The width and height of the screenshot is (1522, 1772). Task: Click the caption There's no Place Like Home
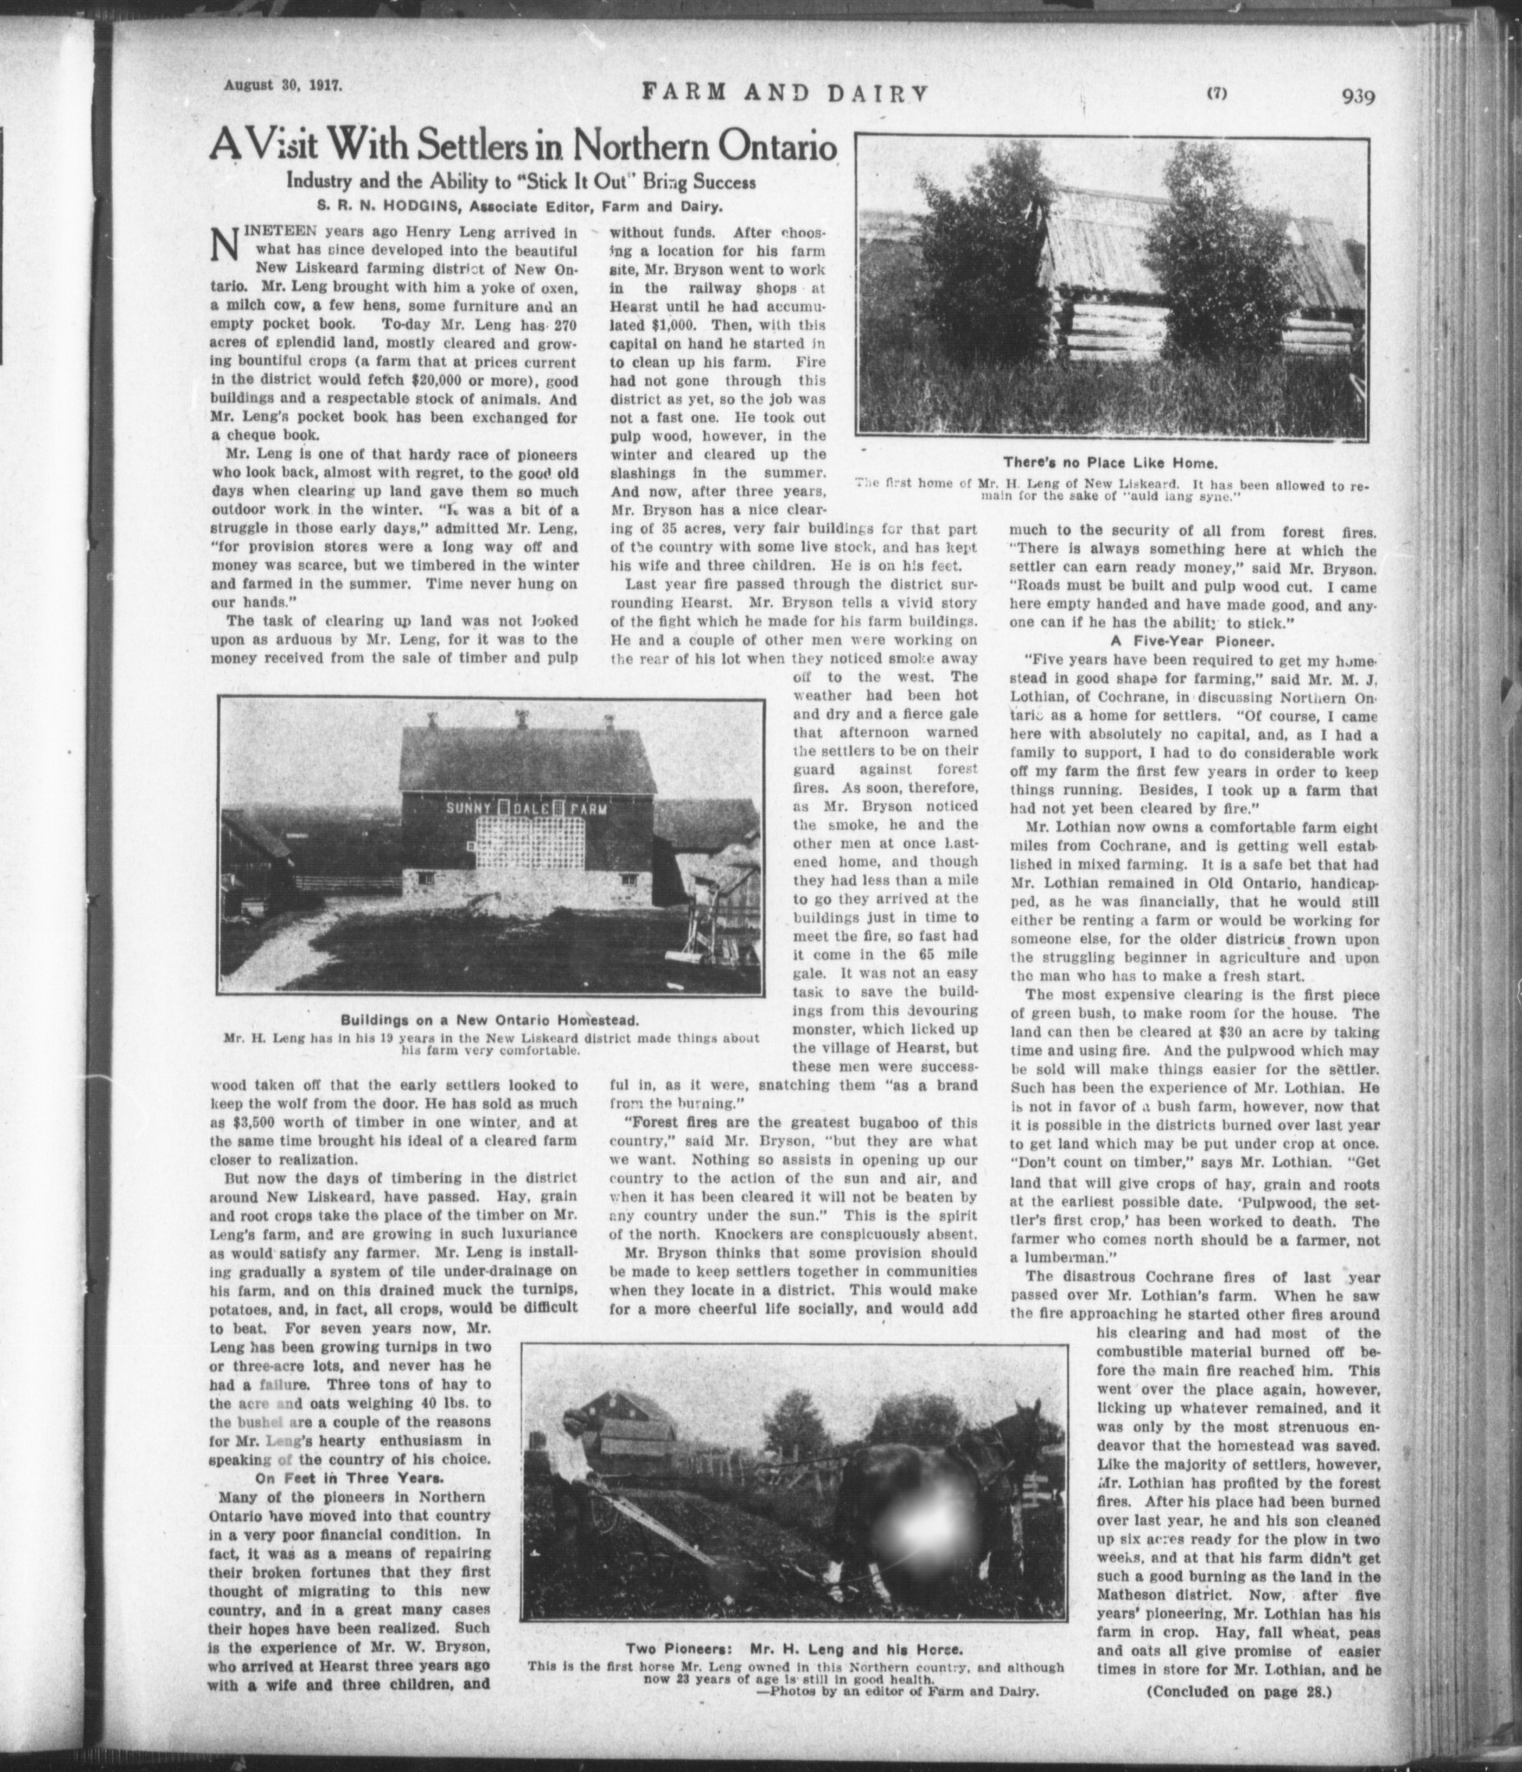tap(1110, 462)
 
